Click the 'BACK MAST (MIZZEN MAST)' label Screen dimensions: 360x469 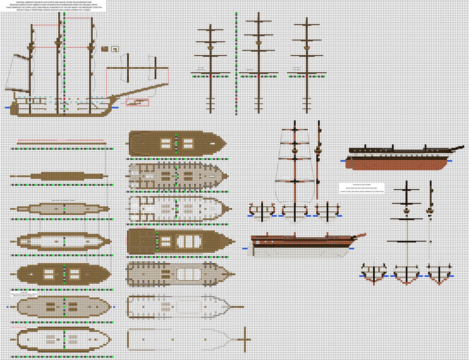pyautogui.click(x=201, y=68)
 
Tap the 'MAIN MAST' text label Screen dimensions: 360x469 pyautogui.click(x=250, y=69)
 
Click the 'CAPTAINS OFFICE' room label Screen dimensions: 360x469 pyautogui.click(x=134, y=172)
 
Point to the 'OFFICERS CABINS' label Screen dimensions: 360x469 pyautogui.click(x=149, y=176)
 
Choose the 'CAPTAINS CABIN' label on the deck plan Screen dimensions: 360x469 pyautogui.click(x=134, y=185)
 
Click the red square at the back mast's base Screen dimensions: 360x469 pyautogui.click(x=210, y=77)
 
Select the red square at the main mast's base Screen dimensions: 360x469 pyautogui.click(x=258, y=77)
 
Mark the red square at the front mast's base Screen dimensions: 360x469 pyautogui.click(x=306, y=77)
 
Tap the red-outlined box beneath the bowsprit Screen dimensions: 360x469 pyautogui.click(x=137, y=102)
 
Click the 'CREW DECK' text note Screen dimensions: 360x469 pyautogui.click(x=24, y=294)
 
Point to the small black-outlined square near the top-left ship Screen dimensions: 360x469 pyautogui.click(x=115, y=49)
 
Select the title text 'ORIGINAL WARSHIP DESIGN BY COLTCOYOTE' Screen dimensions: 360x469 pyautogui.click(x=53, y=2)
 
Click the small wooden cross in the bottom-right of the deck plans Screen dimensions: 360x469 pyautogui.click(x=245, y=339)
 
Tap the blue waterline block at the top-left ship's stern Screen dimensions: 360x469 pyautogui.click(x=8, y=107)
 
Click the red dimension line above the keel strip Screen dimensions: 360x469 pyautogui.click(x=61, y=140)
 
